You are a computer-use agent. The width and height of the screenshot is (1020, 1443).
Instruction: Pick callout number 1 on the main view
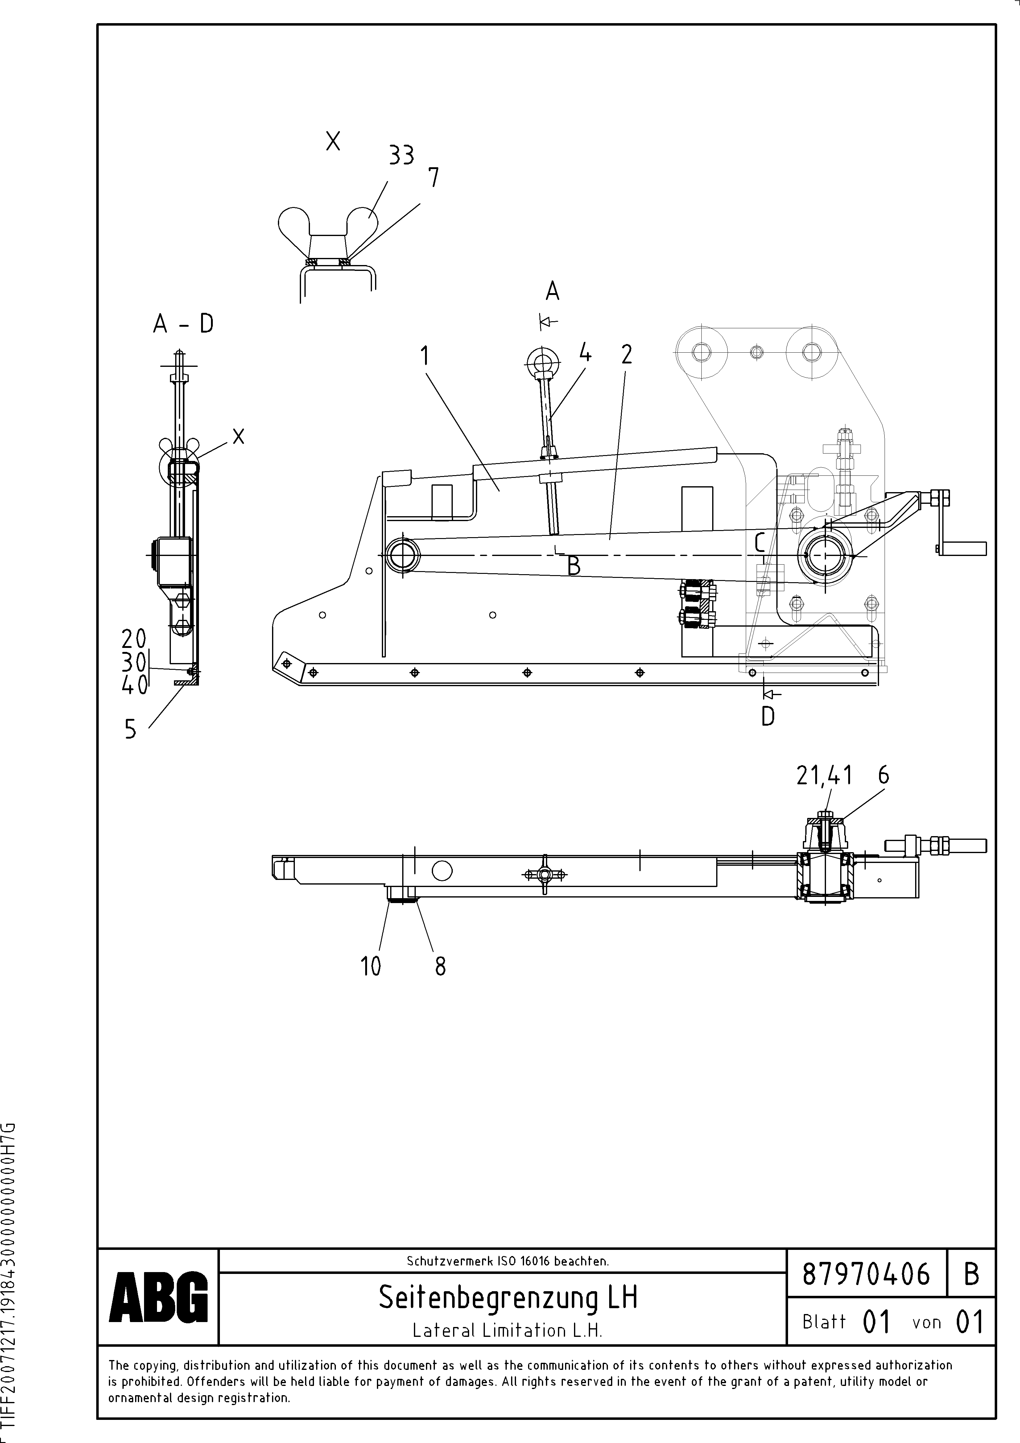[x=425, y=356]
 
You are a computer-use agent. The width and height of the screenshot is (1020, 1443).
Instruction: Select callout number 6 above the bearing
[x=884, y=776]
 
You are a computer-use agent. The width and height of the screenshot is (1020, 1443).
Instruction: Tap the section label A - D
[x=184, y=324]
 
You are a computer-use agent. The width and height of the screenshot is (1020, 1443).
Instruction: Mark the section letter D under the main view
[x=767, y=716]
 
